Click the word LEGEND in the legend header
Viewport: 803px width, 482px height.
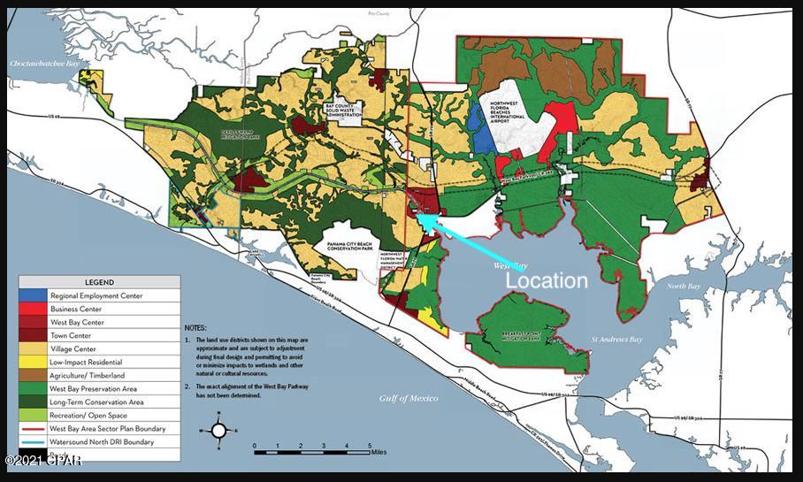99,281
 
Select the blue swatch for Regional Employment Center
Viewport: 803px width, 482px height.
33,295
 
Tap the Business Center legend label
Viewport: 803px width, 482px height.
75,309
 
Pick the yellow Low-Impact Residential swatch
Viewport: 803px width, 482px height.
33,362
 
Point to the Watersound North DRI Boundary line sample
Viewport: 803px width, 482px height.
33,441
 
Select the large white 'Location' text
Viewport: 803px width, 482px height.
546,280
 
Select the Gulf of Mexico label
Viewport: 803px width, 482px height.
409,398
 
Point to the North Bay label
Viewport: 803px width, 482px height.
683,287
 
